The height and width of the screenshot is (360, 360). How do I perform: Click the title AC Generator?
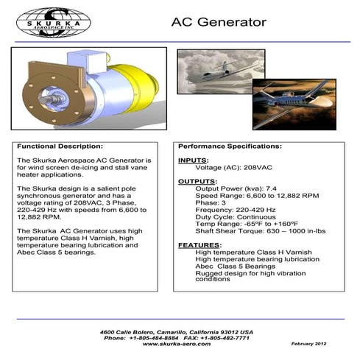(219, 22)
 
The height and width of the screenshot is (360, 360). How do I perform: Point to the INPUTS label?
(193, 160)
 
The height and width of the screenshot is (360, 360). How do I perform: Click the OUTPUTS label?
(197, 181)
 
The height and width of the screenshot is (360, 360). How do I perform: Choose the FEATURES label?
(200, 244)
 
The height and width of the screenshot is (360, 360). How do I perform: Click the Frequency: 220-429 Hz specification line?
(232, 210)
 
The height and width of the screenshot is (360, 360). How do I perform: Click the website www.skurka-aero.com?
(176, 344)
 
